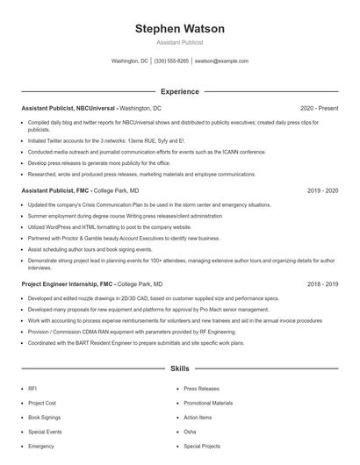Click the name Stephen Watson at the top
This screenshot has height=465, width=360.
[x=179, y=29]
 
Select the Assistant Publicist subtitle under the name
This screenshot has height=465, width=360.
[x=179, y=42]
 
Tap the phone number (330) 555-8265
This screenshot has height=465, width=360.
[x=171, y=61]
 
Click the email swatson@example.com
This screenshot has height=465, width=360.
[x=221, y=61]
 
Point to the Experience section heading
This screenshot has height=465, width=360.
[x=179, y=91]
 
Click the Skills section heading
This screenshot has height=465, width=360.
[x=179, y=369]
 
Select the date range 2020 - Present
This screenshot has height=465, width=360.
[x=319, y=108]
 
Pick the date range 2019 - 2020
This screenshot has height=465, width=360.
[x=322, y=190]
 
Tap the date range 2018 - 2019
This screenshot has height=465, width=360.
[x=322, y=284]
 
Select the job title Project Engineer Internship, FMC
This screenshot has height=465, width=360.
[x=68, y=284]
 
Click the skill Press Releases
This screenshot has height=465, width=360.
[x=202, y=388]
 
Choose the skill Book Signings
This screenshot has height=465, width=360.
[x=46, y=418]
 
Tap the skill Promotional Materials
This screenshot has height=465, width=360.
[x=208, y=403]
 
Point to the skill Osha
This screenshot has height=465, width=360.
[x=190, y=433]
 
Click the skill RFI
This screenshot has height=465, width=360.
[x=32, y=388]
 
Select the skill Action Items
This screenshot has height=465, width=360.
[x=198, y=418]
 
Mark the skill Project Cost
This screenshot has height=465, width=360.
[x=42, y=403]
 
